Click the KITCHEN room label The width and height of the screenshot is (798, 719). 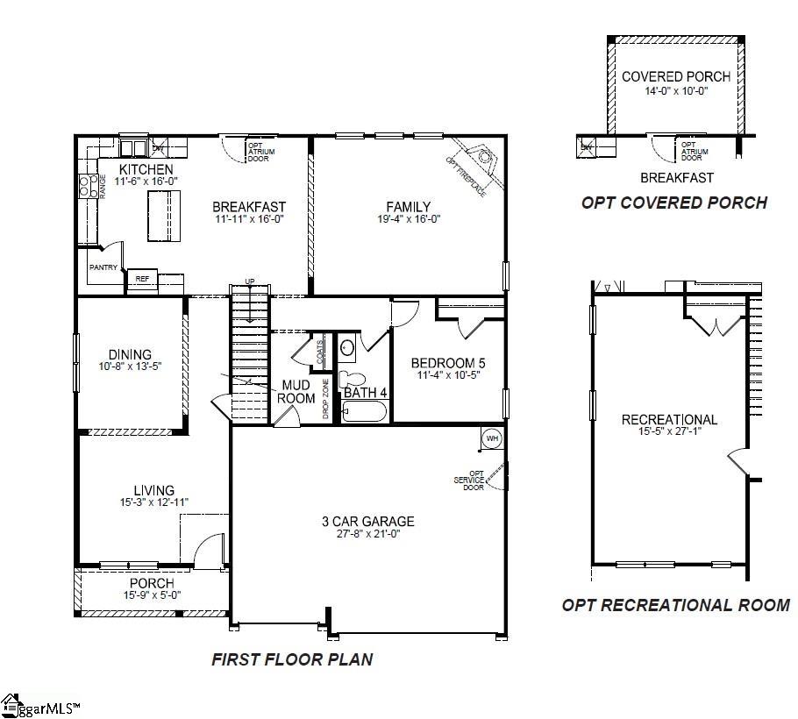pyautogui.click(x=146, y=169)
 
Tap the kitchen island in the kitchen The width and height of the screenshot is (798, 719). pyautogui.click(x=164, y=215)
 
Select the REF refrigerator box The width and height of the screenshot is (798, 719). pyautogui.click(x=142, y=279)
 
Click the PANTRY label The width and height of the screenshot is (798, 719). pyautogui.click(x=103, y=267)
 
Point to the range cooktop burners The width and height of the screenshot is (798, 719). pyautogui.click(x=89, y=185)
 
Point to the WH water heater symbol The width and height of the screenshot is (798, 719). pyautogui.click(x=491, y=438)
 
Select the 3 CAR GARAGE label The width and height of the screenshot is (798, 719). pyautogui.click(x=367, y=522)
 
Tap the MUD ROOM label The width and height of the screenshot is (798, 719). pyautogui.click(x=296, y=392)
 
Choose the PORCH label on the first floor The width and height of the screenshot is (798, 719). pyautogui.click(x=152, y=583)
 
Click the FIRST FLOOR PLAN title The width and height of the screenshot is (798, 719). pyautogui.click(x=292, y=659)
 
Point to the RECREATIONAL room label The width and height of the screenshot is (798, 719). pyautogui.click(x=669, y=419)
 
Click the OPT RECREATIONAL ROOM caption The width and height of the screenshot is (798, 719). pyautogui.click(x=675, y=605)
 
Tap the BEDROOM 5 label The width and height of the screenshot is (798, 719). pyautogui.click(x=448, y=363)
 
